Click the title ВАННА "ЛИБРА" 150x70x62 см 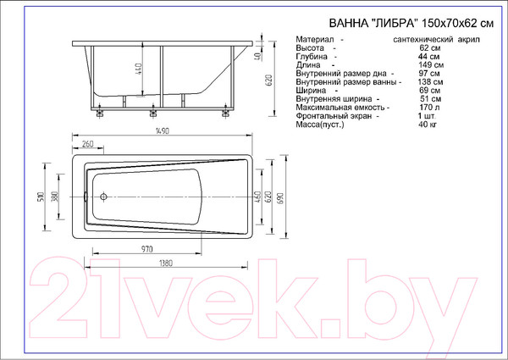pyautogui.click(x=411, y=24)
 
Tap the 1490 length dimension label pyautogui.click(x=163, y=131)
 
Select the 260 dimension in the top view pyautogui.click(x=87, y=143)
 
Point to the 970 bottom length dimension pyautogui.click(x=146, y=249)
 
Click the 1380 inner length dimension pyautogui.click(x=166, y=263)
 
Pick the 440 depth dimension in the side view pyautogui.click(x=138, y=69)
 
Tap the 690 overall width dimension pyautogui.click(x=280, y=197)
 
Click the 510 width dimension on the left pyautogui.click(x=41, y=197)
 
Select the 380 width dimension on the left pyautogui.click(x=55, y=197)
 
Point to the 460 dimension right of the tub pyautogui.click(x=258, y=197)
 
